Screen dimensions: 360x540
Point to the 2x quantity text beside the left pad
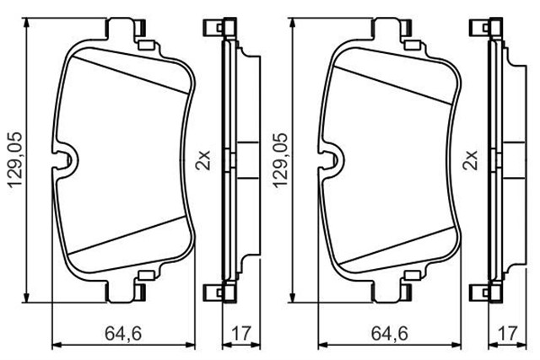[x=203, y=159]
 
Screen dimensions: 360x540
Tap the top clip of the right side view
[x=489, y=29]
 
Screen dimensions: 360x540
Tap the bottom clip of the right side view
[x=489, y=292]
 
